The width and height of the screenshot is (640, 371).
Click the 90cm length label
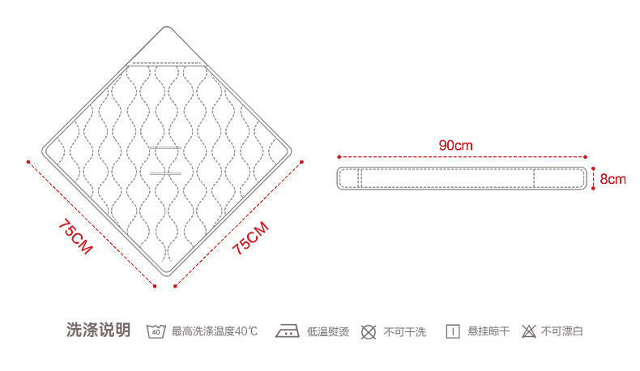click(455, 145)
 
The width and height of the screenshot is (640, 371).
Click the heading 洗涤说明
click(97, 330)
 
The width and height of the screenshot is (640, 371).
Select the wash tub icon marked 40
click(156, 331)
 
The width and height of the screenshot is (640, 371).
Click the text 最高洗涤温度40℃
click(215, 331)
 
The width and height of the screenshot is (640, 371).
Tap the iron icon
click(288, 331)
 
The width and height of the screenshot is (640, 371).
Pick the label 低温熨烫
click(328, 331)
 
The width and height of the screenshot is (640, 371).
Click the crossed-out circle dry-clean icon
click(369, 331)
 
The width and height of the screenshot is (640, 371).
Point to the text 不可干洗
click(404, 331)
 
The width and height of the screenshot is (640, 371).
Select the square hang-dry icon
click(453, 331)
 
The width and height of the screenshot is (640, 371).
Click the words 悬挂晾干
click(489, 331)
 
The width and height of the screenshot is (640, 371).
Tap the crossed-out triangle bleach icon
click(529, 331)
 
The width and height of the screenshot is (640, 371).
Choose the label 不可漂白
click(562, 331)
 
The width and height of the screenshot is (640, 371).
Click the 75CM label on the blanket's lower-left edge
click(75, 237)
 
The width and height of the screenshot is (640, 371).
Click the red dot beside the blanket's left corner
click(28, 161)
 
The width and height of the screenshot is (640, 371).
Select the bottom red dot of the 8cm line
click(594, 189)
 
